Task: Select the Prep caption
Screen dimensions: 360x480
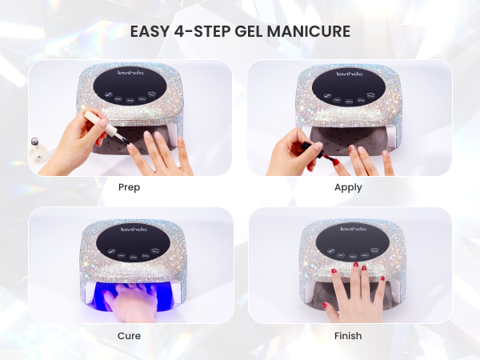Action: (129, 187)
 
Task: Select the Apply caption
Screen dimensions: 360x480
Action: (349, 187)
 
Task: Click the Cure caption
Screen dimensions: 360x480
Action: (129, 335)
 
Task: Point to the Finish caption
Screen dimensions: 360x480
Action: (349, 335)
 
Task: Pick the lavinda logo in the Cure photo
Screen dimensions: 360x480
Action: (129, 228)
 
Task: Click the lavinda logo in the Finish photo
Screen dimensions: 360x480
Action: (349, 228)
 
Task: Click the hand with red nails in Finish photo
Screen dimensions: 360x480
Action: (350, 292)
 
